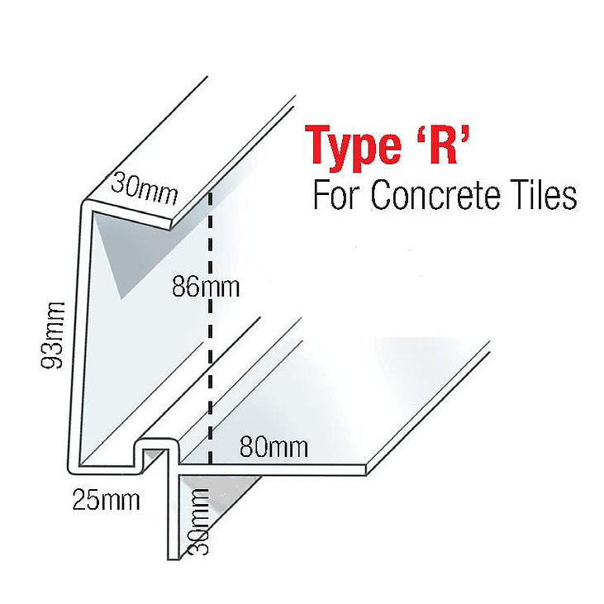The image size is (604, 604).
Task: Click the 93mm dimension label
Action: coord(53,335)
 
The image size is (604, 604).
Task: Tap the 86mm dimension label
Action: coord(206,287)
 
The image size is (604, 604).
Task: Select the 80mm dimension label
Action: coord(273,447)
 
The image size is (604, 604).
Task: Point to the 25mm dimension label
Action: coord(107,500)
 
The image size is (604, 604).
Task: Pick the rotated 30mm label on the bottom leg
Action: coord(197,521)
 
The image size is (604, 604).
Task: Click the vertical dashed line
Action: coord(211,327)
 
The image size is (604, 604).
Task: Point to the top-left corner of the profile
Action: coord(83,203)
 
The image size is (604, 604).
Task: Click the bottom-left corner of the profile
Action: coord(69,471)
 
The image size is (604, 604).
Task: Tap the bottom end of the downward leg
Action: coord(174,559)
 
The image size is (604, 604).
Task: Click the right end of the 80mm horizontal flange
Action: coord(365,469)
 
